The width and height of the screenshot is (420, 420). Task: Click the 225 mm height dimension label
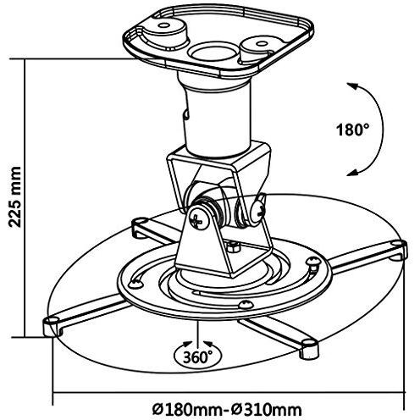(x=14, y=197)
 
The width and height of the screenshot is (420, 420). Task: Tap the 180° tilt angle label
(x=352, y=130)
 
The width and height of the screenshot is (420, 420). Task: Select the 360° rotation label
(x=198, y=357)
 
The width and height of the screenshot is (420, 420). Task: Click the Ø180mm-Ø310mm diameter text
(x=227, y=410)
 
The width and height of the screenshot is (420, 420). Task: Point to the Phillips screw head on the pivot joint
(x=199, y=220)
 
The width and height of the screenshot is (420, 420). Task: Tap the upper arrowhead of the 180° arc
(x=351, y=86)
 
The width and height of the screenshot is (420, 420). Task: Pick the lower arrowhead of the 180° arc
(x=351, y=173)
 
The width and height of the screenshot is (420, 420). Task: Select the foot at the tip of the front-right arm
(x=309, y=349)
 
